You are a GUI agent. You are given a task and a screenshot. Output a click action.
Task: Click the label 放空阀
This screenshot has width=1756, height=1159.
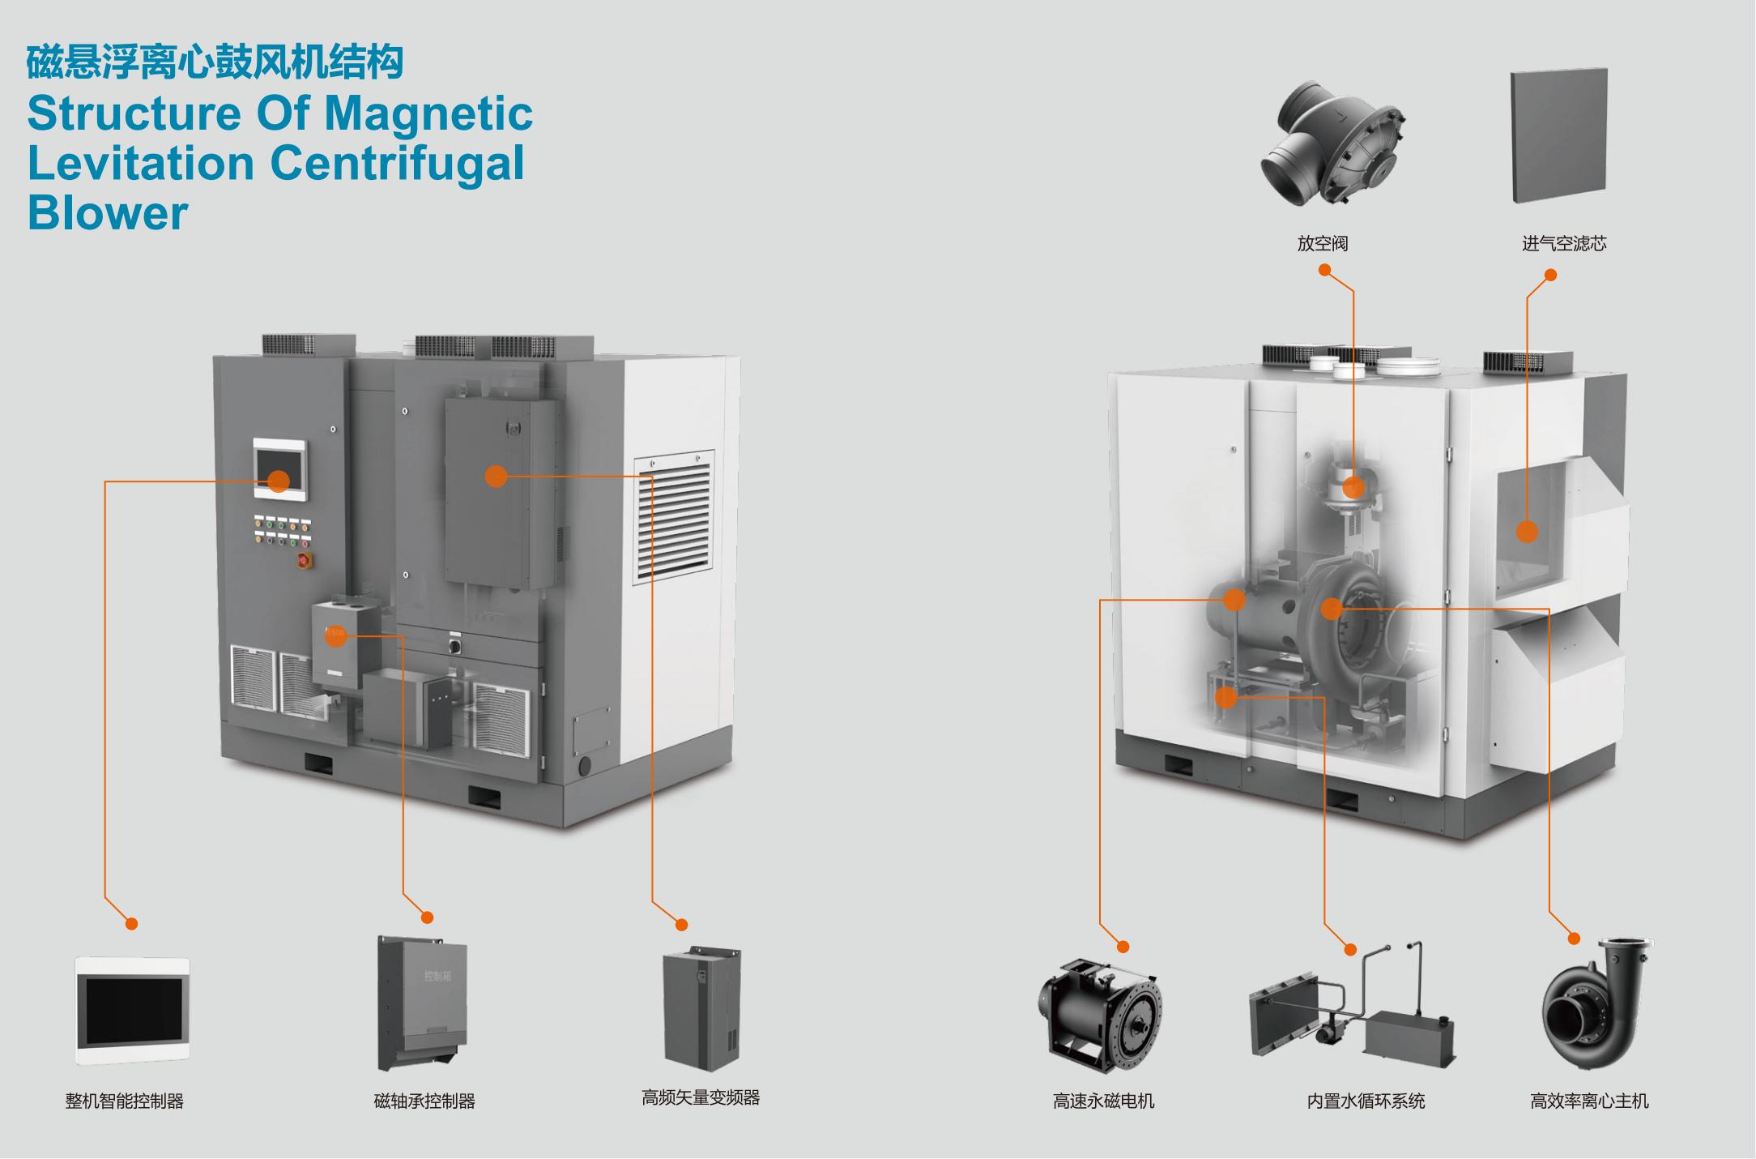[1322, 243]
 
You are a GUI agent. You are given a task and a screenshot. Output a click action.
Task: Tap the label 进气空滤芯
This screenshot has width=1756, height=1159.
[1563, 243]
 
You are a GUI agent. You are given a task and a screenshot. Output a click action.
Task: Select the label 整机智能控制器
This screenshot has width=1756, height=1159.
[125, 1101]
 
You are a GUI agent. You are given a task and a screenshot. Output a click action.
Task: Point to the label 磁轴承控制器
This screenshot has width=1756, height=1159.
[424, 1101]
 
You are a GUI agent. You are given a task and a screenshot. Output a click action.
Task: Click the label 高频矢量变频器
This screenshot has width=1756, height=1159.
[701, 1097]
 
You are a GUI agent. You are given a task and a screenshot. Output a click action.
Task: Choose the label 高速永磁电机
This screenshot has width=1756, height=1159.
[1103, 1101]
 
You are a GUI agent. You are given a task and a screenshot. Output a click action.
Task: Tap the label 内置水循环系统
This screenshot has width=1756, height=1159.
[1366, 1101]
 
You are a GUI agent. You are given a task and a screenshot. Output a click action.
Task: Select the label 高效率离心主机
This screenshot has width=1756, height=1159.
[1589, 1101]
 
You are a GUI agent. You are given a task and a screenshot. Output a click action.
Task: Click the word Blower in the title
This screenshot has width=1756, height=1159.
[108, 213]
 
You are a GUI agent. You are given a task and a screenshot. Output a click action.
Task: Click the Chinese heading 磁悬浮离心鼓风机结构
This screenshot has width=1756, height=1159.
[215, 62]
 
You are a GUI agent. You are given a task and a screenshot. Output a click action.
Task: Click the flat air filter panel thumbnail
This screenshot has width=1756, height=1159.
[1559, 135]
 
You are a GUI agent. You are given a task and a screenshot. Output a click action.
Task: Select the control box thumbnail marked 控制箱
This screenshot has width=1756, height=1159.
[422, 1003]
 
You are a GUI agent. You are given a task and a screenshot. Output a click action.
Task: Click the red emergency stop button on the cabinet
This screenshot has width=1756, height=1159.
[305, 559]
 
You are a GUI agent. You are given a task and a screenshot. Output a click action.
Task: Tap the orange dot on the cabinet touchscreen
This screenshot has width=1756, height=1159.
[278, 481]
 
